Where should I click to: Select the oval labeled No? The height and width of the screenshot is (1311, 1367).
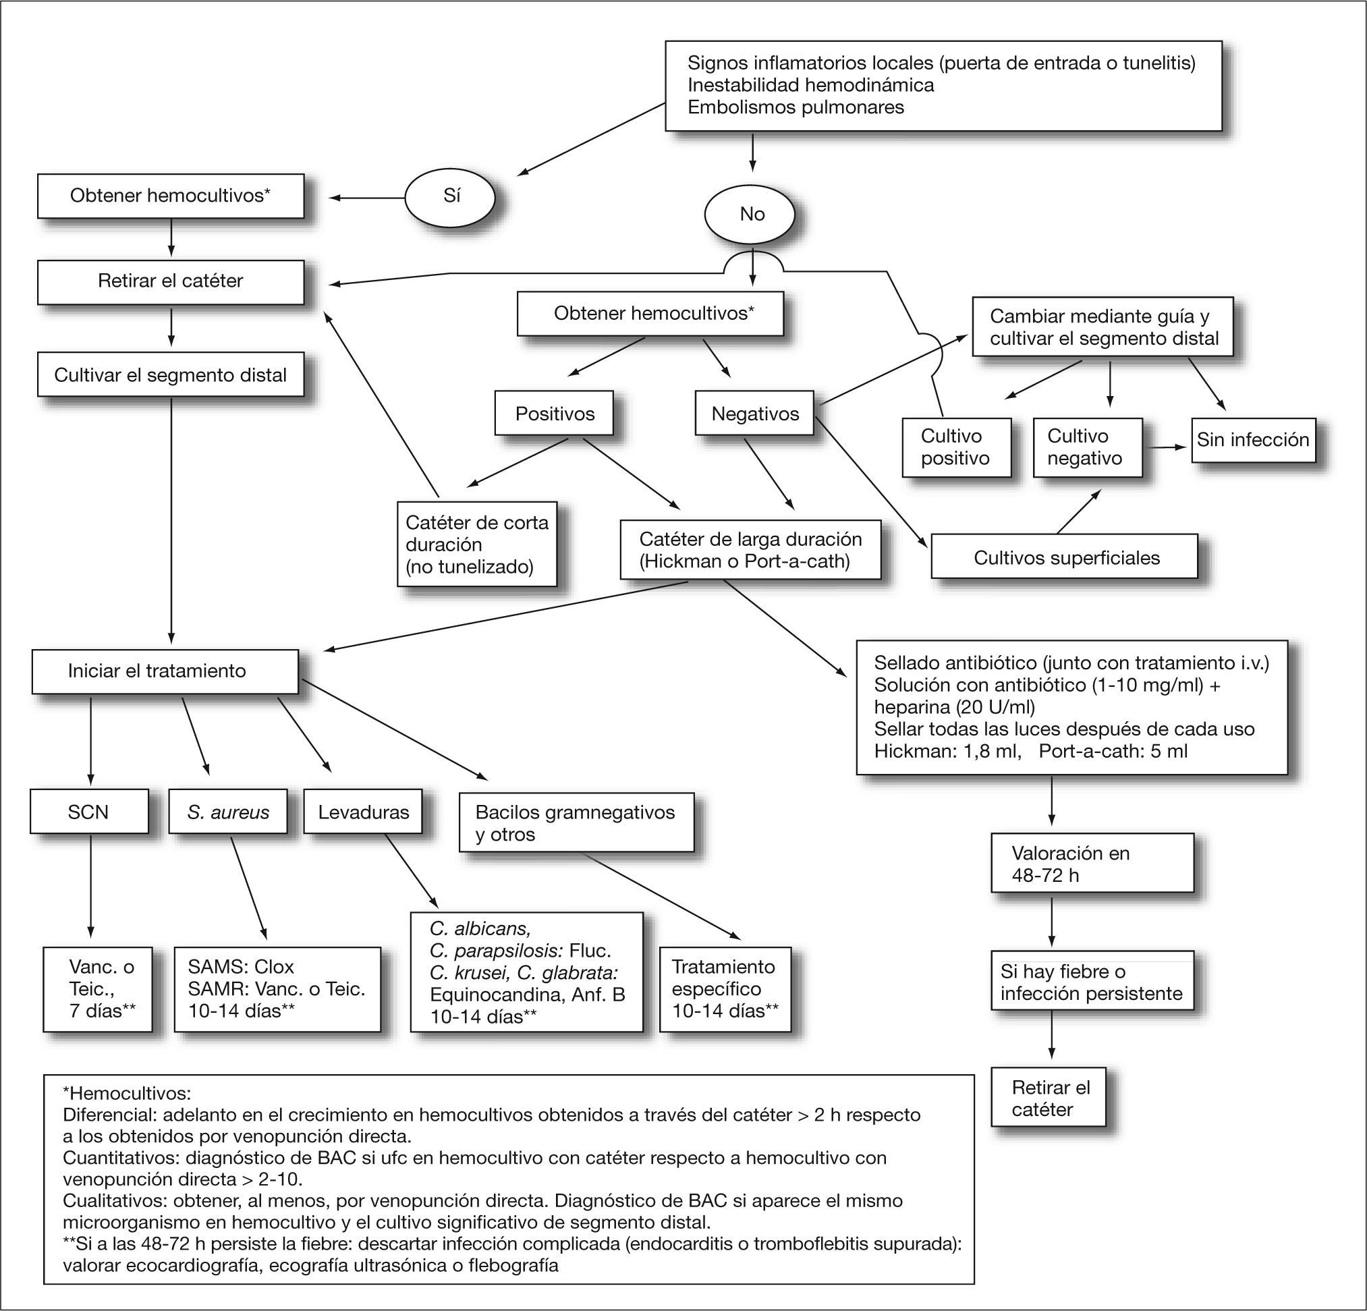[751, 214]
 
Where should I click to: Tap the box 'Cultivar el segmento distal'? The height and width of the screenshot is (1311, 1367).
[170, 375]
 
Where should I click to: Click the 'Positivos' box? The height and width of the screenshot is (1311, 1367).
[555, 414]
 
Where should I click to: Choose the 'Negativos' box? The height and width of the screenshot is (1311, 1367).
[754, 414]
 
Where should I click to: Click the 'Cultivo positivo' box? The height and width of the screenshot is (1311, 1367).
[955, 447]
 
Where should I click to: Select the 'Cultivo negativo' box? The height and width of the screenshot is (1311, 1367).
[1086, 447]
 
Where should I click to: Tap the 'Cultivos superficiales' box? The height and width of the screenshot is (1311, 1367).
[1065, 558]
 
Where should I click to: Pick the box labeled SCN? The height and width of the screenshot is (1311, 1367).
[88, 812]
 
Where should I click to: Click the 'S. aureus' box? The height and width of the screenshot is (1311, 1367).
[228, 812]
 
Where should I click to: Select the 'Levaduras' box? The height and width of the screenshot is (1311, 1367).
[363, 812]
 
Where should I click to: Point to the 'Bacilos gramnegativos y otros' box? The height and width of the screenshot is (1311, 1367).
[576, 823]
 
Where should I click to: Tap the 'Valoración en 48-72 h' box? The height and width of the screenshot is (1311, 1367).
[1092, 863]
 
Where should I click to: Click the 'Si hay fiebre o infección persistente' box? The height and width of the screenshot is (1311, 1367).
[1092, 982]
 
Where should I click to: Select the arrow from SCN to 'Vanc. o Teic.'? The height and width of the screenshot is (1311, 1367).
[90, 886]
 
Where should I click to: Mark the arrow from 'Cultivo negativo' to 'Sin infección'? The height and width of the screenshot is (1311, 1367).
[1166, 447]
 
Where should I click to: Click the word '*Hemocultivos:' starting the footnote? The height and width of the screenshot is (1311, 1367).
[126, 1093]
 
